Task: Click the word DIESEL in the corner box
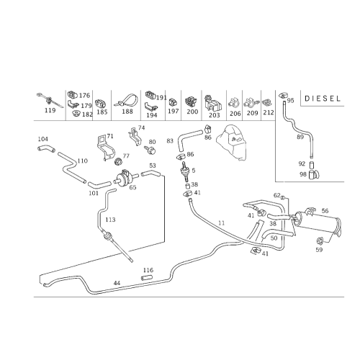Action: click(x=323, y=99)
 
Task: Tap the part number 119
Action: click(x=50, y=110)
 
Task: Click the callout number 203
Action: click(x=215, y=115)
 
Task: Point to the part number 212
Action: click(x=269, y=112)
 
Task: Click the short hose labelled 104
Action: click(x=46, y=149)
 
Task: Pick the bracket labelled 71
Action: click(x=106, y=148)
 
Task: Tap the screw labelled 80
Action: click(x=150, y=150)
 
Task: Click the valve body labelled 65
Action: click(x=125, y=177)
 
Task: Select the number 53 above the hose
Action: click(x=153, y=166)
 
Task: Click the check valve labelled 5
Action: click(x=184, y=171)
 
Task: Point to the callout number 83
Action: click(x=170, y=141)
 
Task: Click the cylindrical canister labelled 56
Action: click(x=317, y=222)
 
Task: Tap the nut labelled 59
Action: click(x=320, y=240)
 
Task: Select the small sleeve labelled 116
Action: click(x=146, y=278)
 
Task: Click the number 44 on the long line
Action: click(x=117, y=283)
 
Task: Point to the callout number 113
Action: click(x=110, y=220)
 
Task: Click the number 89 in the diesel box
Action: click(x=300, y=137)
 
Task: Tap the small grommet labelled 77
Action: click(x=118, y=162)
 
